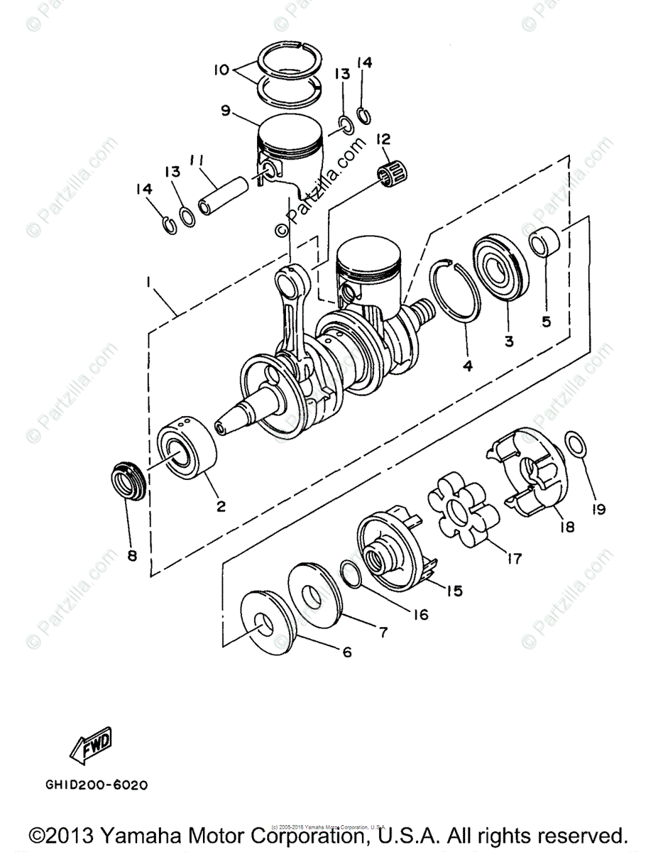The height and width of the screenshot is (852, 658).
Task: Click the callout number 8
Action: (x=131, y=555)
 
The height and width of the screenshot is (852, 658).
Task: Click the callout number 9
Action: (x=226, y=110)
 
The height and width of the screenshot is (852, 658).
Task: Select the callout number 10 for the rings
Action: (x=221, y=70)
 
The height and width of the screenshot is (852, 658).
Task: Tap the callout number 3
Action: (x=508, y=341)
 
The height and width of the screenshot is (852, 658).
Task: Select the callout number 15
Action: (x=454, y=589)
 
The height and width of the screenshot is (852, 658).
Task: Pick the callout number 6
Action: (x=346, y=652)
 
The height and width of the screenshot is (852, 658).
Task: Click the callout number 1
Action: (x=149, y=282)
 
